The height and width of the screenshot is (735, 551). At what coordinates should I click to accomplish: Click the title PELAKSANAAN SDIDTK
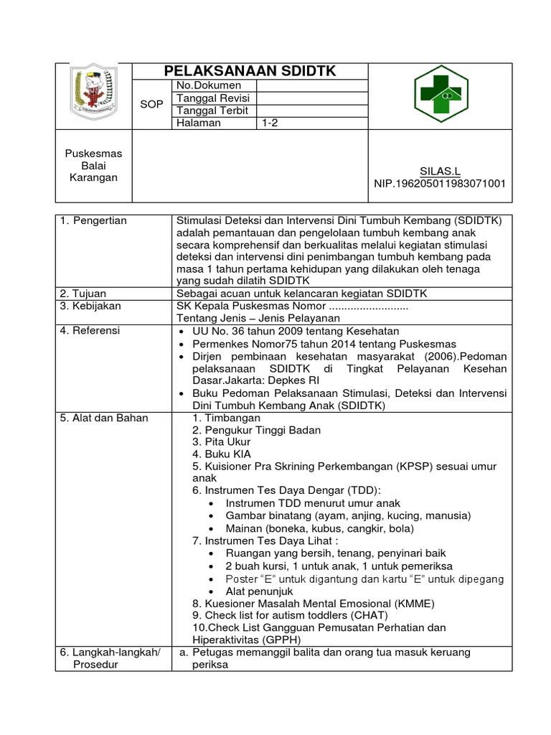(x=250, y=71)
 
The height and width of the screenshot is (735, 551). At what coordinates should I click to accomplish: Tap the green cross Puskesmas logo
(x=441, y=96)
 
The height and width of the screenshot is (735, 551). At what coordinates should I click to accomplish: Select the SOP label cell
(x=151, y=104)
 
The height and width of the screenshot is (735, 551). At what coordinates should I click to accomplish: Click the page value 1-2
(x=270, y=123)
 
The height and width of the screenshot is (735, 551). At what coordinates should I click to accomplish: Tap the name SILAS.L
(x=441, y=171)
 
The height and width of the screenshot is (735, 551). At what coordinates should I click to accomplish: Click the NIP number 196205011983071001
(x=441, y=183)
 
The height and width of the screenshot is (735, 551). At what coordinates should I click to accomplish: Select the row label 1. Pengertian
(x=94, y=220)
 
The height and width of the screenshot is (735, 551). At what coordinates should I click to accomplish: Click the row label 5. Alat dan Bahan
(x=104, y=418)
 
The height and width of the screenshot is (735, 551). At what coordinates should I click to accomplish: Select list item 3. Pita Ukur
(x=222, y=442)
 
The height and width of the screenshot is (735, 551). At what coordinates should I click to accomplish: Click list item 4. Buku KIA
(x=222, y=454)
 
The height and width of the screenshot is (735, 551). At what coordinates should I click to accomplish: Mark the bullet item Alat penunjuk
(x=259, y=591)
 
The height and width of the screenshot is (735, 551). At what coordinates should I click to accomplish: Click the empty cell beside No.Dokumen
(x=311, y=85)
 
